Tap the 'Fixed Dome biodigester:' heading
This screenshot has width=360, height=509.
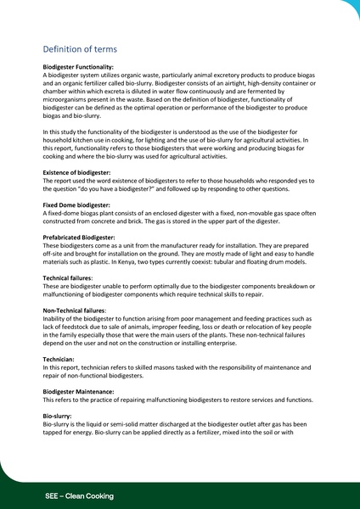tap(76, 204)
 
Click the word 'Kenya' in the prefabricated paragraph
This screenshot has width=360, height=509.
tap(135, 261)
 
